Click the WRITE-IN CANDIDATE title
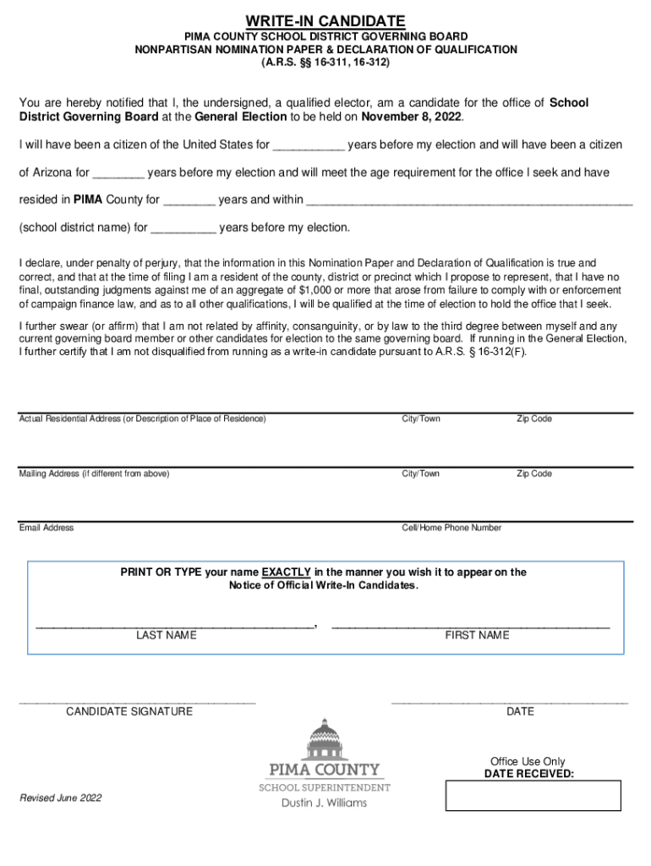coord(325,20)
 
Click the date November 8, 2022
coord(413,117)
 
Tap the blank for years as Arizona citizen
coord(118,173)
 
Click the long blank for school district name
coord(468,201)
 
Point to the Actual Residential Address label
coord(142,419)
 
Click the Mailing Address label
coord(94,474)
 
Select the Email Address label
coord(46,529)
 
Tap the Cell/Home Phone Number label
coord(451,529)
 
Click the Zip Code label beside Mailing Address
coord(534,474)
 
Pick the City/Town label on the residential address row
coord(420,419)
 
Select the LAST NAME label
coord(167,636)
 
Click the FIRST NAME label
coord(477,636)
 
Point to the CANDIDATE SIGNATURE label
coord(129,712)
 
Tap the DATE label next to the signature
coord(520,712)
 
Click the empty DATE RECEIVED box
coord(533,796)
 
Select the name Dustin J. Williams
coord(324,803)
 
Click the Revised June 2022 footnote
coord(60,798)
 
